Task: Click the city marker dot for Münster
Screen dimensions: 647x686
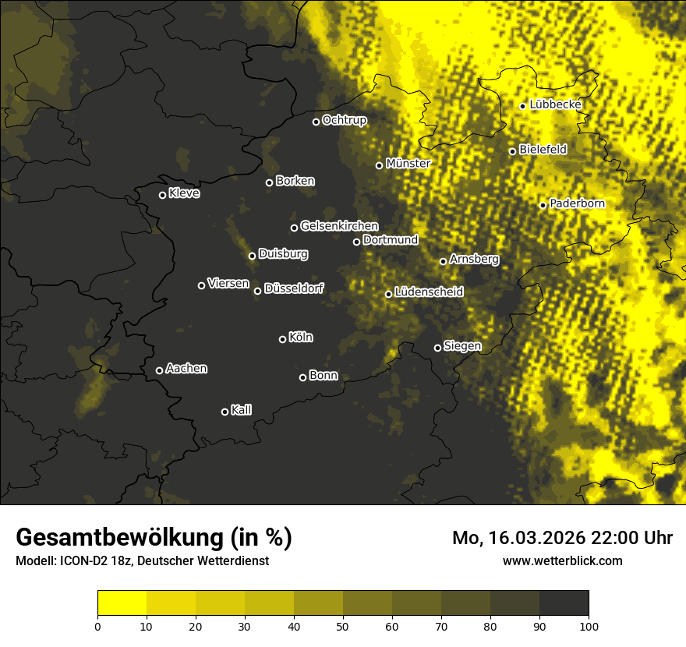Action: point(379,165)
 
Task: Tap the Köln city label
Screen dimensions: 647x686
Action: point(300,338)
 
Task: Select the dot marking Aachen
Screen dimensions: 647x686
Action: point(159,370)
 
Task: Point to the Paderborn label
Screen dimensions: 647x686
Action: point(577,203)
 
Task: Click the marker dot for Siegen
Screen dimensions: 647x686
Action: point(437,348)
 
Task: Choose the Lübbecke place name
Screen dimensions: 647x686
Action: point(555,104)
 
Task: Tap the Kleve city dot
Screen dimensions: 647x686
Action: point(162,195)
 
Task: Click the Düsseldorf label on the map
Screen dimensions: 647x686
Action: point(294,288)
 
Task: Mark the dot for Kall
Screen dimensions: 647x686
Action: point(225,412)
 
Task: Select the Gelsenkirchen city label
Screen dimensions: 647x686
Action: point(339,225)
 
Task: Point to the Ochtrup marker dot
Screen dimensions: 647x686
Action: point(316,122)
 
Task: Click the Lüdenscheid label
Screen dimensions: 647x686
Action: point(429,292)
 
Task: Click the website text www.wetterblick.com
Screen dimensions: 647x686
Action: point(562,560)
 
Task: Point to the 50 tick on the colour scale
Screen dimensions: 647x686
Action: point(343,625)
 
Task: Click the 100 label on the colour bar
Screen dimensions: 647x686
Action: point(589,625)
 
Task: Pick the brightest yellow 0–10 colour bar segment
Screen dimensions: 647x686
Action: point(122,603)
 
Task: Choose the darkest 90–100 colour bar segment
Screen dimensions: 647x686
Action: point(564,603)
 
